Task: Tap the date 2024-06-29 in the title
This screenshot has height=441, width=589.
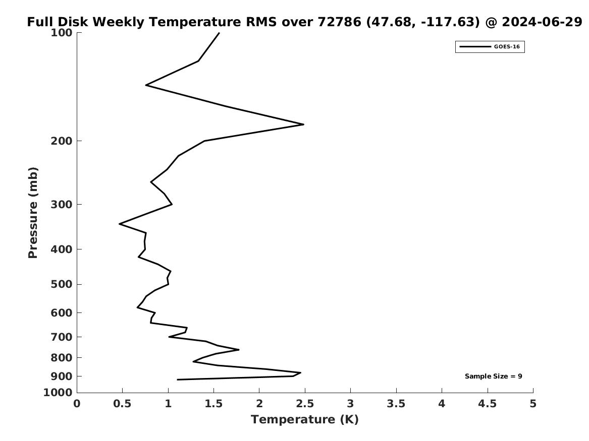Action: tap(542, 22)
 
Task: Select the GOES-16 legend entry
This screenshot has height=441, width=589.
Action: tap(490, 47)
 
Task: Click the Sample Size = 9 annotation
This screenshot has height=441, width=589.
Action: tap(493, 376)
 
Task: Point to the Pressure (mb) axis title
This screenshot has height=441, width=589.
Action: tap(33, 212)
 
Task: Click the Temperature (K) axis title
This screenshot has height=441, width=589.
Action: tap(304, 419)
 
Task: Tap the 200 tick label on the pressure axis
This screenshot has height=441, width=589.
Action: tap(62, 141)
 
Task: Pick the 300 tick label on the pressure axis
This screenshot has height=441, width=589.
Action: tap(62, 205)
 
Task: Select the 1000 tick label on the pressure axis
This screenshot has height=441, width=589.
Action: tap(59, 393)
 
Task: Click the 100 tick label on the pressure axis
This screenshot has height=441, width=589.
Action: tap(62, 33)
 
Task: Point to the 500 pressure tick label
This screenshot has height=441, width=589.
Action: tap(62, 284)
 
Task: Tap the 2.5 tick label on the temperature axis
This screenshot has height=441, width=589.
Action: tap(305, 404)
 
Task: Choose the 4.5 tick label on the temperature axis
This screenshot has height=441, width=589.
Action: tap(488, 404)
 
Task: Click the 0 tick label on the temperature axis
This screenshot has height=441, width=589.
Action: tap(77, 404)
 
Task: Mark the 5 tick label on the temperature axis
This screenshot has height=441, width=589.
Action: tap(533, 404)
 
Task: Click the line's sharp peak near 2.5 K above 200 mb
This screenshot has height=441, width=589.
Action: tap(303, 124)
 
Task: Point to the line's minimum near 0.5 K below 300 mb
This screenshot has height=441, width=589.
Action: tap(120, 224)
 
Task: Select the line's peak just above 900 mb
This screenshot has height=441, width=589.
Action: tap(300, 373)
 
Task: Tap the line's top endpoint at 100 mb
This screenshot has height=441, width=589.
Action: tap(219, 33)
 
